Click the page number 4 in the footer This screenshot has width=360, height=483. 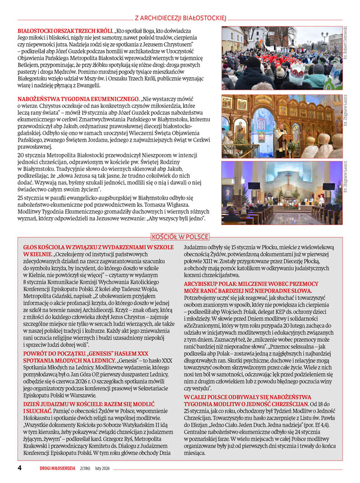pos(20,468)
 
